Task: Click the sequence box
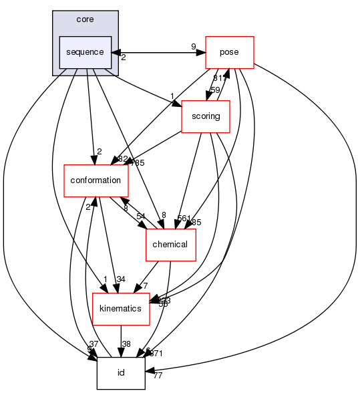click(x=85, y=52)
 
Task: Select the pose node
click(x=230, y=52)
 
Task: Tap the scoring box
click(x=206, y=116)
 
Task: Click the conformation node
click(x=96, y=180)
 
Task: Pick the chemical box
click(x=170, y=244)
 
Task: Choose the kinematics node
click(x=120, y=308)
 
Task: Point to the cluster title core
click(x=85, y=19)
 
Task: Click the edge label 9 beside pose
click(x=194, y=47)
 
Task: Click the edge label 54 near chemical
click(x=141, y=217)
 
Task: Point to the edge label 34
click(x=121, y=280)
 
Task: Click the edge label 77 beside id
click(x=158, y=376)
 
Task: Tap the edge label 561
click(x=182, y=218)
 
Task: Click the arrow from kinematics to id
click(x=121, y=341)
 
